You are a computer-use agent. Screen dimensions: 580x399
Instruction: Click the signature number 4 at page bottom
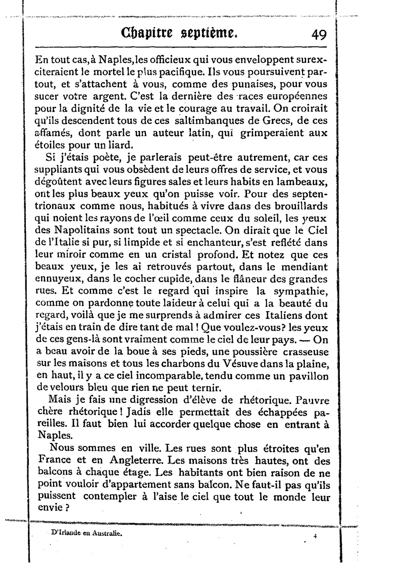[x=315, y=535]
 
